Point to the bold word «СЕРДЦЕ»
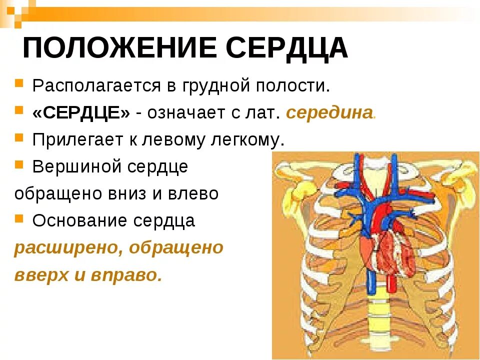click(x=81, y=112)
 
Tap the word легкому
click(x=245, y=140)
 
